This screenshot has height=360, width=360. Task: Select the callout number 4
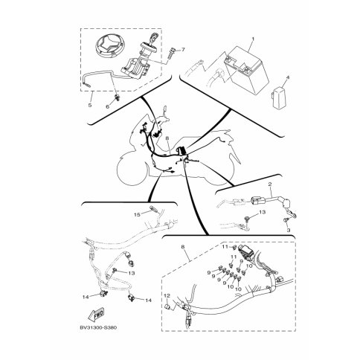click(x=288, y=77)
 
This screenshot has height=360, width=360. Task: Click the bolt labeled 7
click(x=171, y=54)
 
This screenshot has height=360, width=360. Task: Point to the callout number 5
click(x=90, y=105)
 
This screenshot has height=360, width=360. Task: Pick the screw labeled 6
click(x=118, y=98)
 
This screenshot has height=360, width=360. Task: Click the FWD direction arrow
click(x=96, y=314)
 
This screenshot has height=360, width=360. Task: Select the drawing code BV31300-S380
click(x=98, y=327)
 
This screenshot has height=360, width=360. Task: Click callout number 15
click(x=137, y=214)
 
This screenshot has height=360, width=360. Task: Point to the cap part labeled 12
click(x=167, y=307)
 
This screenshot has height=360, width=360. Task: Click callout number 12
click(x=167, y=295)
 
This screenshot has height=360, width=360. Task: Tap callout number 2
click(x=269, y=184)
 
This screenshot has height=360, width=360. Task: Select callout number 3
click(x=289, y=231)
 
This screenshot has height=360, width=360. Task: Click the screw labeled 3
click(x=286, y=220)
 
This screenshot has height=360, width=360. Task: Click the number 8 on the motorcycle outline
click(x=167, y=140)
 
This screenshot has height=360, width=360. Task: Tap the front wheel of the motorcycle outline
click(x=132, y=170)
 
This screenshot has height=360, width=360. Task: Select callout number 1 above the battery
click(x=253, y=39)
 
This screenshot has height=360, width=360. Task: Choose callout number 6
click(x=108, y=106)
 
